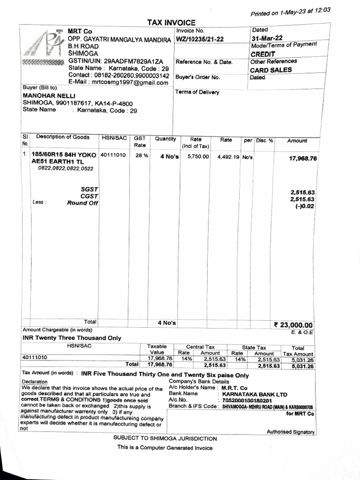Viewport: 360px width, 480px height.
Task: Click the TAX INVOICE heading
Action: (x=171, y=22)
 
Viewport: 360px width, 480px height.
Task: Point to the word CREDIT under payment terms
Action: (x=263, y=54)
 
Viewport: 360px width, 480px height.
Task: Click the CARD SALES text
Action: (x=270, y=70)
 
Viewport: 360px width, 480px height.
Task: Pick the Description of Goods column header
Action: (x=63, y=137)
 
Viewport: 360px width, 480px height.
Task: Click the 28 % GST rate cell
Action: (x=139, y=155)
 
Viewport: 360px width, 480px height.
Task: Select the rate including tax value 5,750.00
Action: (x=198, y=156)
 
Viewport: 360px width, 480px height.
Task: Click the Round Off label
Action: (x=82, y=203)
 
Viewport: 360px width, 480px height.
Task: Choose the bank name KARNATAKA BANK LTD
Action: (x=255, y=395)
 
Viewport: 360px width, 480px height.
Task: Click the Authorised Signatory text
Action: (x=291, y=432)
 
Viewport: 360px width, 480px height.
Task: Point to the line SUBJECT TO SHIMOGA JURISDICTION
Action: (x=165, y=439)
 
